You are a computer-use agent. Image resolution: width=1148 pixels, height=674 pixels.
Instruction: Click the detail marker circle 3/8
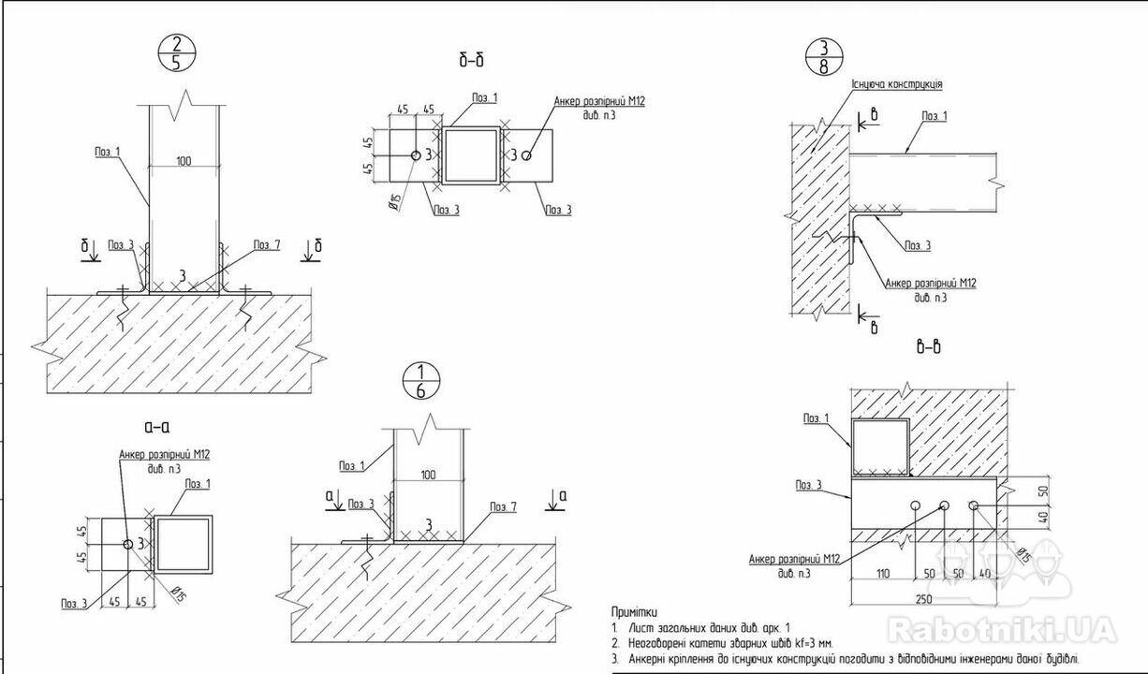pos(823,57)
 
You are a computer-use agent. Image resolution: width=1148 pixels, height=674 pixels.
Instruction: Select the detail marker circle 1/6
pos(420,381)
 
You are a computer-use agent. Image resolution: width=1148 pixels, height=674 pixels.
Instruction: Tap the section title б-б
pos(471,62)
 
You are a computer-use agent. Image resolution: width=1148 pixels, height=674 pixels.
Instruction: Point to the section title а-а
pos(156,427)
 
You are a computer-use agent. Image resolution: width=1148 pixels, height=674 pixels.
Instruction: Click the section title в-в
pos(929,347)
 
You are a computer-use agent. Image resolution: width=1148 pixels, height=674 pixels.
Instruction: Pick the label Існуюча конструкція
pos(896,84)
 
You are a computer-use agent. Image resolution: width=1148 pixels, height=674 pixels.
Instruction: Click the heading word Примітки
pos(634,611)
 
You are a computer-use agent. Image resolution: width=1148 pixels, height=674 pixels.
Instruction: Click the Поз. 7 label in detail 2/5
pos(266,245)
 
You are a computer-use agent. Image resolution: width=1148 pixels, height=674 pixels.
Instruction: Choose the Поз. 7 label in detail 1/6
pos(503,506)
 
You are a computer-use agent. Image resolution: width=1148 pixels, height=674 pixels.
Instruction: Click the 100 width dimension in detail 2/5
pos(184,162)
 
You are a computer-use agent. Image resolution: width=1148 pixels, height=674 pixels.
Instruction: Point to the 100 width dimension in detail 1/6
pos(428,475)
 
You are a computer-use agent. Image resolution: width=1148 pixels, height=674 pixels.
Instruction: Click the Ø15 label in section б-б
pos(396,198)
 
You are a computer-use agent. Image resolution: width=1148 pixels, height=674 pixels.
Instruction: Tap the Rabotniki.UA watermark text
pos(1001,628)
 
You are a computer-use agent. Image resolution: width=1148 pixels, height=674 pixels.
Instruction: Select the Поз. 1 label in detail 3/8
pos(934,116)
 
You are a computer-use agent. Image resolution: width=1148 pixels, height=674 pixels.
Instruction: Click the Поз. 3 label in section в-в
pos(809,485)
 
